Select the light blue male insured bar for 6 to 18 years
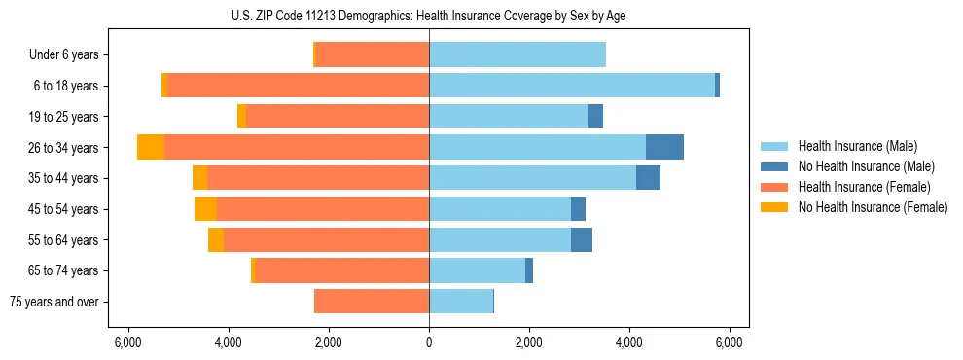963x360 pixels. [572, 86]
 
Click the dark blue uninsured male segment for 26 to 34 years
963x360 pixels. [664, 147]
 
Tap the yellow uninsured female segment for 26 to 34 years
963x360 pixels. [151, 147]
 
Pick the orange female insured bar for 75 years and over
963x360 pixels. [372, 302]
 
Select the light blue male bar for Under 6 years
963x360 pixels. [517, 54]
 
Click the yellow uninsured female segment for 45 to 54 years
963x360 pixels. [205, 209]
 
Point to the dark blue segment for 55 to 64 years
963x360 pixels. [582, 240]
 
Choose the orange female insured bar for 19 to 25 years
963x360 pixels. [338, 117]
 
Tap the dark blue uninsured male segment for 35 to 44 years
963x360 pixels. [648, 178]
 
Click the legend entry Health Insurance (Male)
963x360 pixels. [857, 146]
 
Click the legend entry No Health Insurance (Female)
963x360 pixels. [872, 207]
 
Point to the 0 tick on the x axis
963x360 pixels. [429, 342]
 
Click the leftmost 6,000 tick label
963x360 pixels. [127, 342]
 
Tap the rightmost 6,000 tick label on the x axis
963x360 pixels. [730, 342]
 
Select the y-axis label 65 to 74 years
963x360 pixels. [64, 270]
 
